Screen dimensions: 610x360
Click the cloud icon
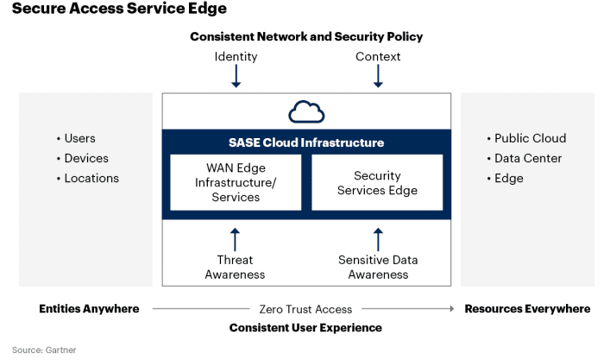click(306, 111)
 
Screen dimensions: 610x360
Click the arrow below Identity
click(236, 76)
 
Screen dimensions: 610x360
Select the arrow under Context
click(378, 76)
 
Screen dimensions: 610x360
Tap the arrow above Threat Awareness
click(235, 239)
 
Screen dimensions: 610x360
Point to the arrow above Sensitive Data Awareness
click(378, 239)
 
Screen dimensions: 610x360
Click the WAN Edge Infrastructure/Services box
click(236, 182)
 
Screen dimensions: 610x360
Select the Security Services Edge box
click(377, 182)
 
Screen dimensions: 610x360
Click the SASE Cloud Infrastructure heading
click(306, 142)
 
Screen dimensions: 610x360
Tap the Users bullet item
click(76, 138)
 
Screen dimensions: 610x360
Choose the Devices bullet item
click(83, 158)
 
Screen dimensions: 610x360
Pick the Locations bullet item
click(87, 178)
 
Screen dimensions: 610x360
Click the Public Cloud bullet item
click(527, 138)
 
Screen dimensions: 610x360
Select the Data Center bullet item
click(525, 158)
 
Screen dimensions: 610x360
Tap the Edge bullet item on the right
click(505, 178)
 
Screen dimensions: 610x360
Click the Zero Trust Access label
click(305, 309)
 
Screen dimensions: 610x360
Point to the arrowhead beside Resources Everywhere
click(451, 308)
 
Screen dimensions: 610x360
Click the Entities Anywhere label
click(89, 308)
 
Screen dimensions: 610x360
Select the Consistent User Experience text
click(305, 328)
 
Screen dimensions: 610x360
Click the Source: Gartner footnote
click(44, 350)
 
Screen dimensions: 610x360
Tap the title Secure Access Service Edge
click(119, 9)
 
